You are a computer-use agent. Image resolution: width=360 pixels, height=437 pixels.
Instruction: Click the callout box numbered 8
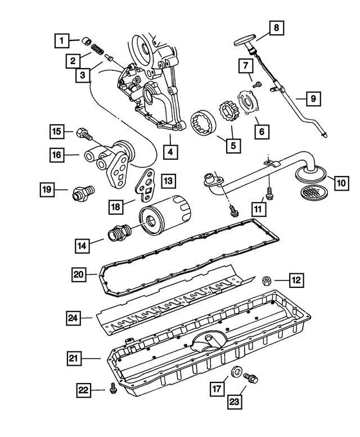277,28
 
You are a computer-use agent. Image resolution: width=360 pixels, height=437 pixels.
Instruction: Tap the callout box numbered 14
83,245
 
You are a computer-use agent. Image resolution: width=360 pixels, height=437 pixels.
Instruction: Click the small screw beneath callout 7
258,85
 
